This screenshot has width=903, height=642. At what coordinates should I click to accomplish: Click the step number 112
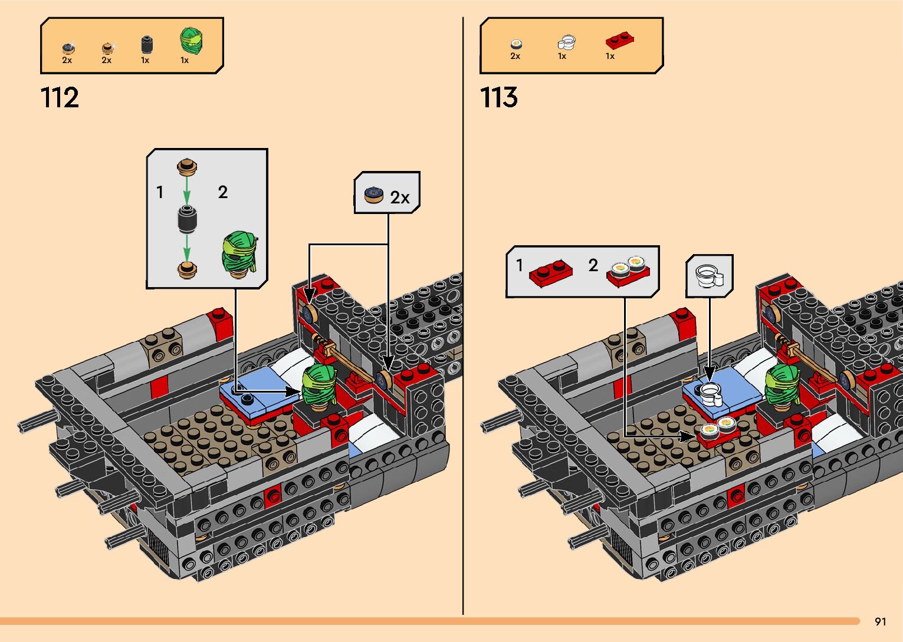click(x=60, y=98)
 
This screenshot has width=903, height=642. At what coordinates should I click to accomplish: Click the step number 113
click(x=499, y=98)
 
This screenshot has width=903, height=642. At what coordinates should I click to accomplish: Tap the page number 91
click(x=881, y=621)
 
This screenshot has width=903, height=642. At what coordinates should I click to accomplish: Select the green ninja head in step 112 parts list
click(x=192, y=41)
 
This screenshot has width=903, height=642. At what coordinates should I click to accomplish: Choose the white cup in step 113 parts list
click(x=566, y=42)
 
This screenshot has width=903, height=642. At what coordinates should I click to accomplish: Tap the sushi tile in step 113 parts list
click(x=516, y=44)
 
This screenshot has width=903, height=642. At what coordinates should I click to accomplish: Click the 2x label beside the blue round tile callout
click(x=400, y=197)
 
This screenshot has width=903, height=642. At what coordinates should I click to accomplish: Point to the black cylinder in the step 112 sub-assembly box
click(x=187, y=220)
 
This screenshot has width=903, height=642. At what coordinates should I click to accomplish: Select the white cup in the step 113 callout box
click(x=708, y=276)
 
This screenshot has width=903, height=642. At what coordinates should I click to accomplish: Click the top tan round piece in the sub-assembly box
click(x=187, y=168)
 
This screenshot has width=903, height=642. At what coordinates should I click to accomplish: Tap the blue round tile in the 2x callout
click(x=374, y=193)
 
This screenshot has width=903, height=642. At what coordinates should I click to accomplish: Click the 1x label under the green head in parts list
click(x=185, y=60)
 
